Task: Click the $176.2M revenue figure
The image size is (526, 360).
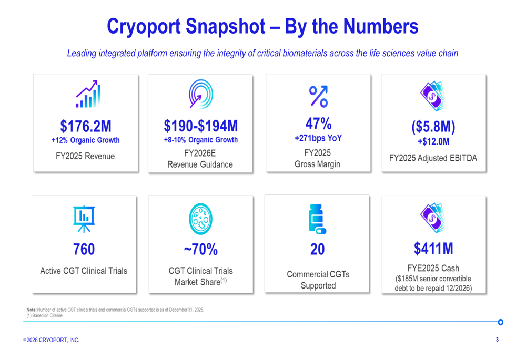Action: (x=85, y=126)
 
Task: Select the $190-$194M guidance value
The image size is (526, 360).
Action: (x=200, y=126)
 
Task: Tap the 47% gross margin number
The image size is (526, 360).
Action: (x=318, y=124)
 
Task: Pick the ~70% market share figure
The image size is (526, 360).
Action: (x=200, y=249)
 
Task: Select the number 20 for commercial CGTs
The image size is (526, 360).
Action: (x=318, y=249)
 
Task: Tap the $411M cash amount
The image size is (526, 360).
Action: (x=433, y=248)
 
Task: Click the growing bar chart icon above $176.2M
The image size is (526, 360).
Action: (x=87, y=94)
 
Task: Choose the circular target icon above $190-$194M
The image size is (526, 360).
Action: (x=200, y=95)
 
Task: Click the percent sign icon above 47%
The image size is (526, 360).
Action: (x=318, y=96)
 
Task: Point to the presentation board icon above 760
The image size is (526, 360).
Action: (x=84, y=218)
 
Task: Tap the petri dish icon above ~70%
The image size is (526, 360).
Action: (x=200, y=219)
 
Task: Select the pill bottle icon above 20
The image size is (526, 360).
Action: (x=317, y=218)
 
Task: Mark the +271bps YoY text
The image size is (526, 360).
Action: (x=318, y=138)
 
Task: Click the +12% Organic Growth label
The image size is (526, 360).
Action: (x=85, y=140)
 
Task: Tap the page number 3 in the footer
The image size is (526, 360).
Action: (x=497, y=340)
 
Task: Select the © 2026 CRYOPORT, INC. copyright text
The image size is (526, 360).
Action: (x=52, y=340)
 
